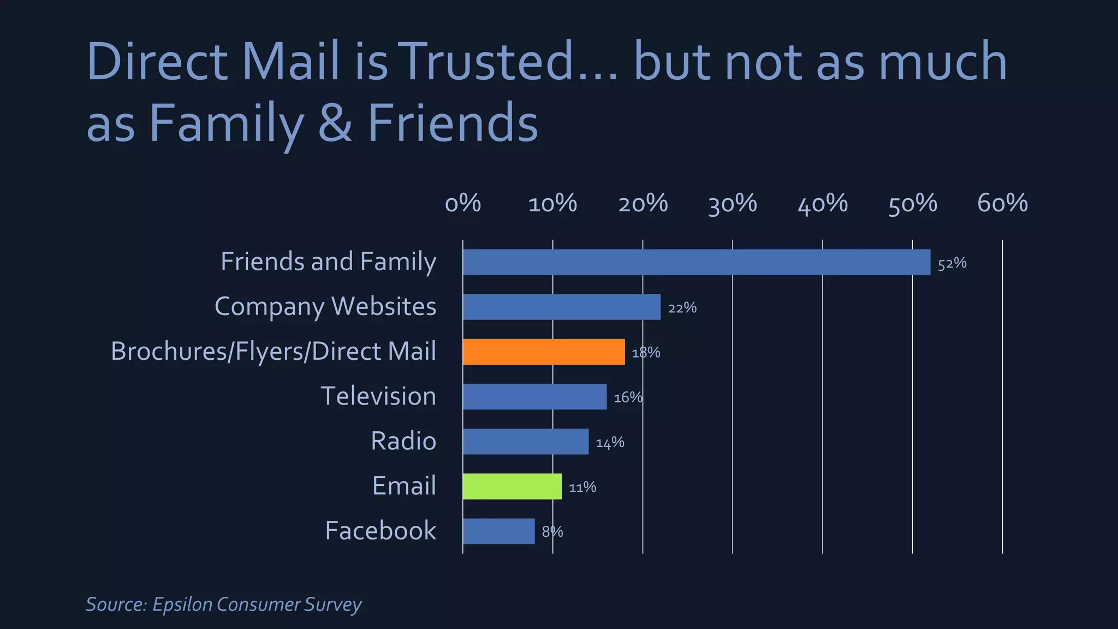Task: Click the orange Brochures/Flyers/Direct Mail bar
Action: click(x=544, y=352)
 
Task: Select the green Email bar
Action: click(x=512, y=486)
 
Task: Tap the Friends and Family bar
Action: click(x=696, y=262)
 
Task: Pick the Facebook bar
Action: click(x=498, y=531)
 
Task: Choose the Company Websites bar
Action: click(x=561, y=307)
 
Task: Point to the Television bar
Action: click(x=534, y=396)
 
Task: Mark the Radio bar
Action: click(x=526, y=441)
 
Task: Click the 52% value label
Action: click(x=952, y=264)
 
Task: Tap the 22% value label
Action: click(x=682, y=308)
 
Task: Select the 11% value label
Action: click(x=582, y=488)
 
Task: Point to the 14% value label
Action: click(x=610, y=443)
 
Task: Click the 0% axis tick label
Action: click(x=463, y=203)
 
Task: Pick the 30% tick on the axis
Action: click(x=733, y=203)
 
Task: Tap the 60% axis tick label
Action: click(x=1002, y=203)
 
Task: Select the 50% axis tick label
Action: click(x=913, y=203)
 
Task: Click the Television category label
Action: click(x=378, y=396)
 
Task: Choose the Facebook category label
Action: click(x=380, y=531)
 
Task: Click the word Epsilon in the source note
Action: click(x=182, y=604)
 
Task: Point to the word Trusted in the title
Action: click(x=487, y=61)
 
